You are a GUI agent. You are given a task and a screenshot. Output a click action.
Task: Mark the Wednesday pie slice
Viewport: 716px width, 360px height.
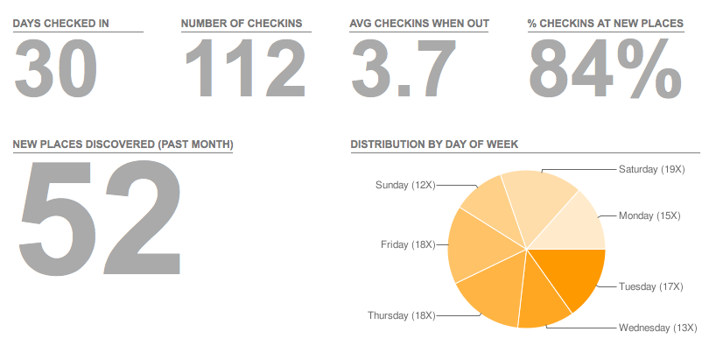click(x=542, y=298)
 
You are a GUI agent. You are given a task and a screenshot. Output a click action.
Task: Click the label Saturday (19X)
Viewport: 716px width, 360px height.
click(x=650, y=168)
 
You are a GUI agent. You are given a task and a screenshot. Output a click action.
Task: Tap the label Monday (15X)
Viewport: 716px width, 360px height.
click(x=649, y=215)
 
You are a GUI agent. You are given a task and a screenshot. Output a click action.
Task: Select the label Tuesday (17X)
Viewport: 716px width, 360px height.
click(x=650, y=286)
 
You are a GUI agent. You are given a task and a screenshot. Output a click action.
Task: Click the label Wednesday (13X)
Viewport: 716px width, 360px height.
click(x=656, y=328)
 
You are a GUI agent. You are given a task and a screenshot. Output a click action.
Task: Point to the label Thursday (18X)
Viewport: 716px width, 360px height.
click(x=401, y=315)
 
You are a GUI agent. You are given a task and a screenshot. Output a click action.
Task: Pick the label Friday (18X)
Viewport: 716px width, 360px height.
click(x=408, y=244)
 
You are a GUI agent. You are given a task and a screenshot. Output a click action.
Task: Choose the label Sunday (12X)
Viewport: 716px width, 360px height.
click(x=404, y=185)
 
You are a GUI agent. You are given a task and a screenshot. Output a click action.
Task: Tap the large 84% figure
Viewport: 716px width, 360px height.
click(x=604, y=69)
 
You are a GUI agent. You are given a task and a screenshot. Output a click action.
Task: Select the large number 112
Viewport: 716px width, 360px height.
click(x=244, y=69)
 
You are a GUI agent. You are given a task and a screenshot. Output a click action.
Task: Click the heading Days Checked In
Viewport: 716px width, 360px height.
click(x=61, y=23)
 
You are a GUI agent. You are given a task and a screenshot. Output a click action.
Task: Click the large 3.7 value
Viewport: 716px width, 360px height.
click(x=404, y=69)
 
